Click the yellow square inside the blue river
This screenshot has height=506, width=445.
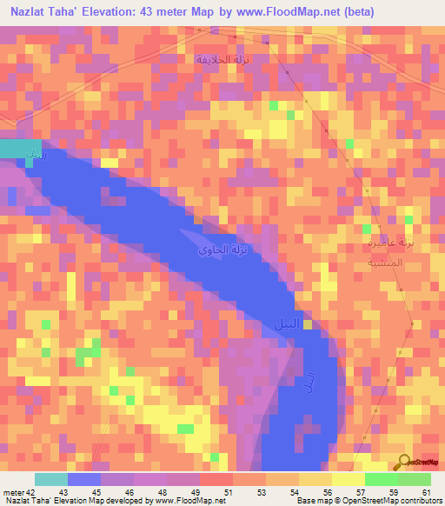(x=308, y=325)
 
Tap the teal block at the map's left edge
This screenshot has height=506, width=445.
(x=20, y=148)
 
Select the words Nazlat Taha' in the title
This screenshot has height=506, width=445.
(x=42, y=11)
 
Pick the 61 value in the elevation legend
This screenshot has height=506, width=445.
(x=426, y=491)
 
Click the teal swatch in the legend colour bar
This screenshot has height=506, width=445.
(x=51, y=479)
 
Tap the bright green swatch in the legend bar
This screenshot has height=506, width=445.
(x=381, y=479)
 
